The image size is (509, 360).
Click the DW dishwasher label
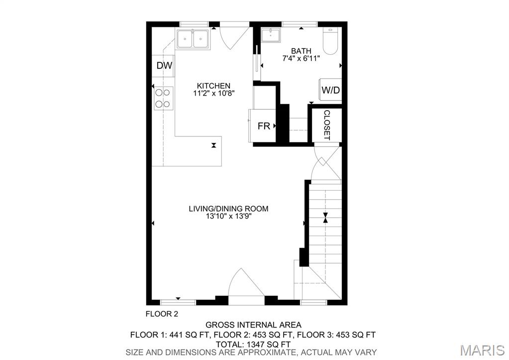(x=164, y=66)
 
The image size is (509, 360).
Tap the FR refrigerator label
(x=264, y=126)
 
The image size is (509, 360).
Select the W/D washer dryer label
(x=330, y=90)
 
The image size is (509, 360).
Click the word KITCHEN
(x=213, y=86)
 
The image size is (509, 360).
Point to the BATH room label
(x=301, y=51)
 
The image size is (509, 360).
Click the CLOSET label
(x=327, y=125)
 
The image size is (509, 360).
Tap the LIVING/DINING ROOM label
(x=228, y=209)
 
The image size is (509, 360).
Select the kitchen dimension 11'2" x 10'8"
(x=213, y=93)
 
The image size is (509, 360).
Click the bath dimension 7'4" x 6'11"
(x=301, y=58)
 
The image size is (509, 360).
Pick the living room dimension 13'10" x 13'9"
(x=228, y=216)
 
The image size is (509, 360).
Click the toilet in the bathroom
(x=331, y=41)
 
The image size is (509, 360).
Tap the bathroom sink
(x=271, y=35)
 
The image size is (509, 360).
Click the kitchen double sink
(x=193, y=39)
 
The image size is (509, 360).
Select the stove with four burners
(x=163, y=99)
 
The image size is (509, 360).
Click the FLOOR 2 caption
(x=162, y=314)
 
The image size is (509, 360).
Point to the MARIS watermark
(x=482, y=350)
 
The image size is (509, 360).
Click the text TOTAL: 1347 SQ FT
(x=253, y=344)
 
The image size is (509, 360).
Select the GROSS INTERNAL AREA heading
(x=253, y=325)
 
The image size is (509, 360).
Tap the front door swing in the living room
(x=246, y=283)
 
